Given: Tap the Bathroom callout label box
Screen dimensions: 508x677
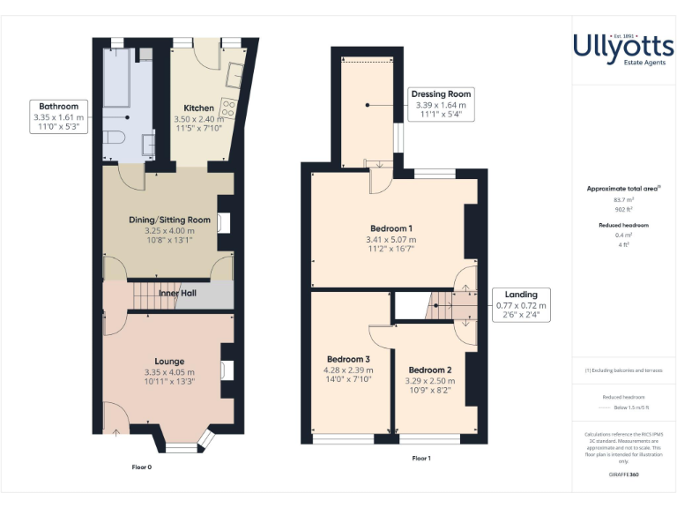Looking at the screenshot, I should point(58,116).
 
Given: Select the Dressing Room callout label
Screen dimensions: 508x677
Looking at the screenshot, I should point(441,104).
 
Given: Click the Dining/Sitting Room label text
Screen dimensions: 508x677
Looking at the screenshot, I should point(169,220).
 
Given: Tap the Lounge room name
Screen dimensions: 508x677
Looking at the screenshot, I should point(169,362).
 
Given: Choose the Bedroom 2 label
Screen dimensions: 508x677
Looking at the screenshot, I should point(430,370).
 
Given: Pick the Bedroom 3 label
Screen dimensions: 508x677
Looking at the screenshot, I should point(348,360).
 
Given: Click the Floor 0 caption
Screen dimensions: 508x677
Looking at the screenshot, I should point(142,467).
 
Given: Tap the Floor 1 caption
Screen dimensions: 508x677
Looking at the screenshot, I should point(421,459).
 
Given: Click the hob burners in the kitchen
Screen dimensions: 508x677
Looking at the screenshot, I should point(228,108).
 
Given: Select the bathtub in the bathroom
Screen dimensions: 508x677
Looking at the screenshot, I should point(116,84).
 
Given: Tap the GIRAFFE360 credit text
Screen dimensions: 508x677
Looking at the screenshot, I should point(623,474).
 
